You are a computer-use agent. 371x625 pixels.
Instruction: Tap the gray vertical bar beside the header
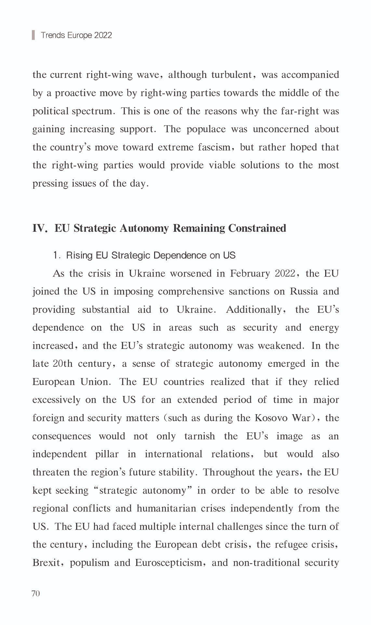pos(33,35)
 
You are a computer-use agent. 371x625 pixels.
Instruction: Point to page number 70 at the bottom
pos(36,594)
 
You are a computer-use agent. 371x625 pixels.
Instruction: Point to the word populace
pos(206,129)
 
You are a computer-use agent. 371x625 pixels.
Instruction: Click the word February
pos(250,273)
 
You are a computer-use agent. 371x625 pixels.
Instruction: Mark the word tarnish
pos(200,436)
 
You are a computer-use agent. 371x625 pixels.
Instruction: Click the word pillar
pos(107,454)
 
